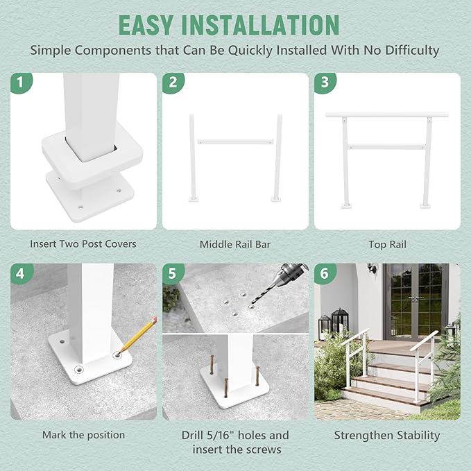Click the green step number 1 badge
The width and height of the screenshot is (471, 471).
20,83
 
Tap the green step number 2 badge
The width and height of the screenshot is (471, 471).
173,83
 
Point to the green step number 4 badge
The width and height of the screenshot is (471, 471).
20,273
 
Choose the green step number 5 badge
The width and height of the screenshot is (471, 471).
173,273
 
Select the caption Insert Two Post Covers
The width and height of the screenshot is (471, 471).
83,244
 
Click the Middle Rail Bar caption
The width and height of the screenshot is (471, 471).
235,244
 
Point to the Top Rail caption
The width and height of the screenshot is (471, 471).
387,244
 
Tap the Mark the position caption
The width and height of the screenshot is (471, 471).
83,435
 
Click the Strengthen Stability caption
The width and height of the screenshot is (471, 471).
387,436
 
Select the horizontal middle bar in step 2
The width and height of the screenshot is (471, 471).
235,142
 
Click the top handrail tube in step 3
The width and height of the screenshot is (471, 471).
387,114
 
